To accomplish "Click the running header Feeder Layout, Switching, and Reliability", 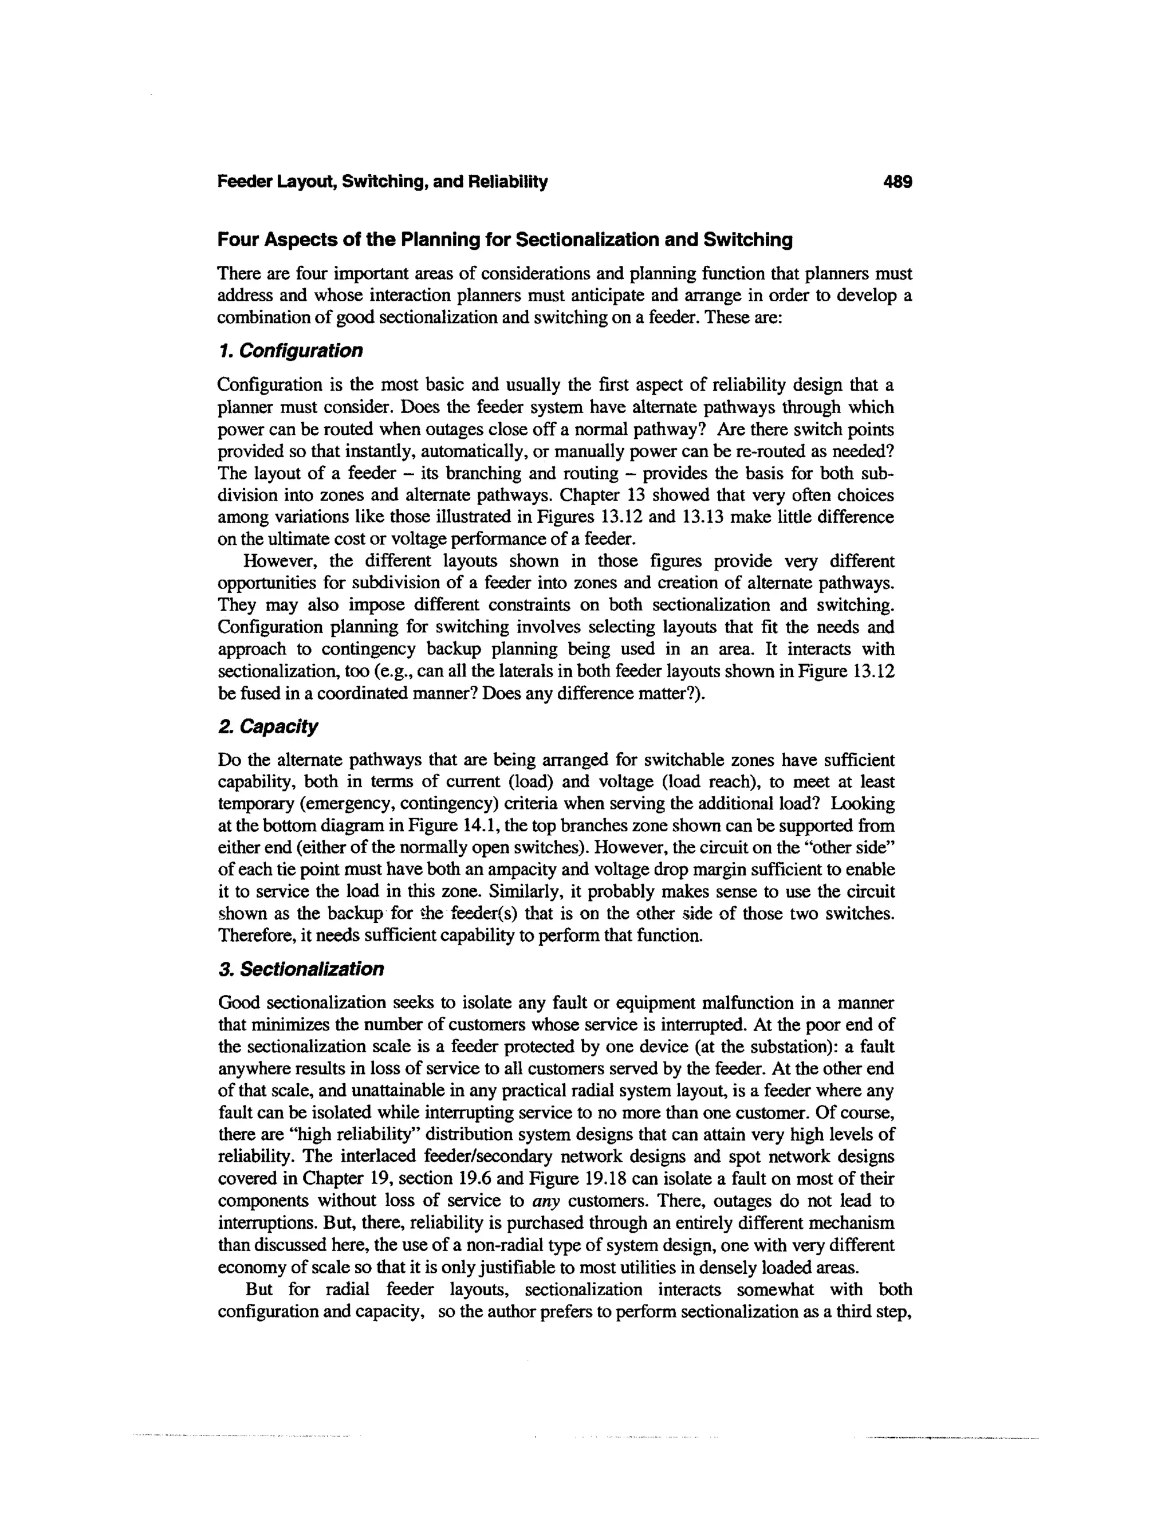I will point(382,182).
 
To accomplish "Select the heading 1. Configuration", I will point(290,351).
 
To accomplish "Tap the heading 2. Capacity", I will point(267,726).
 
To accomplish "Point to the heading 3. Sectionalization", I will point(300,969).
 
